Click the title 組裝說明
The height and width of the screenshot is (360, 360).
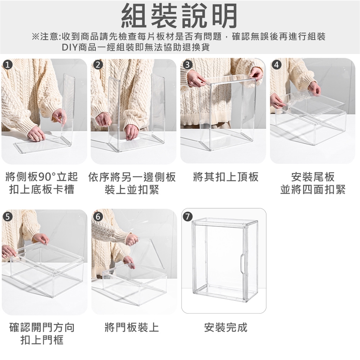tap(179, 16)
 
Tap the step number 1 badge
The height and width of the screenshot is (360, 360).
tap(8, 65)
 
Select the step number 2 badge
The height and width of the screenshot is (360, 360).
tap(98, 65)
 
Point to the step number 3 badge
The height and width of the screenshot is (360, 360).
tap(187, 65)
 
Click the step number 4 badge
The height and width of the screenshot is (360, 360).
tap(277, 65)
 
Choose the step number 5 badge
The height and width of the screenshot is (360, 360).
tap(8, 216)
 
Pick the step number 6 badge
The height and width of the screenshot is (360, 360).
tap(98, 216)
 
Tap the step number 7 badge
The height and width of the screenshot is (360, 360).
tap(188, 216)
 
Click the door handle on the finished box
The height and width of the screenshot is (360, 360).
tap(242, 263)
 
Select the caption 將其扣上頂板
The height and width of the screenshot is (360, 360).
tap(226, 177)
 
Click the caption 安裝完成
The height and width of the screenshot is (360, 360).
tap(226, 327)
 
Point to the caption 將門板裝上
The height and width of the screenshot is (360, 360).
tap(132, 327)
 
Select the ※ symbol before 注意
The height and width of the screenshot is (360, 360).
tap(36, 36)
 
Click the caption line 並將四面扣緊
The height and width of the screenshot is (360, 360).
tap(313, 190)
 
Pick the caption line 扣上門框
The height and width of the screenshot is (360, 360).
tap(42, 340)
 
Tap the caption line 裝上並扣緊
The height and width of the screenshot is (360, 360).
tap(132, 190)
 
